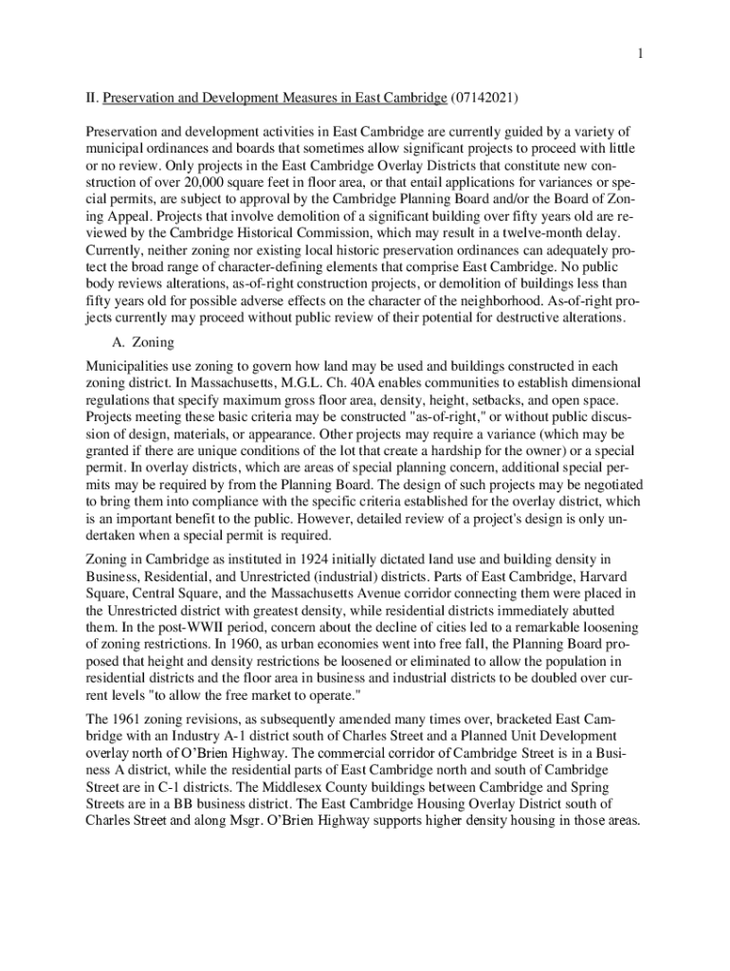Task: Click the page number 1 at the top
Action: tap(640, 54)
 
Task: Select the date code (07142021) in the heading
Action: tap(484, 98)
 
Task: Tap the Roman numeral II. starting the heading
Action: tap(91, 98)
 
